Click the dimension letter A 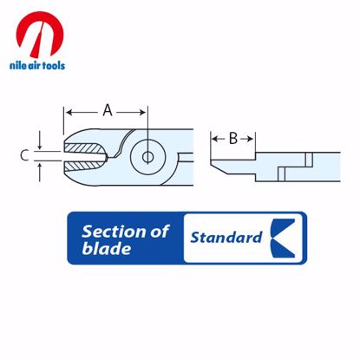[108, 111]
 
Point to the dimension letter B [232, 138]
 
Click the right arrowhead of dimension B [251, 138]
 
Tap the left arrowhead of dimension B [213, 138]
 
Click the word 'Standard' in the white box [226, 236]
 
